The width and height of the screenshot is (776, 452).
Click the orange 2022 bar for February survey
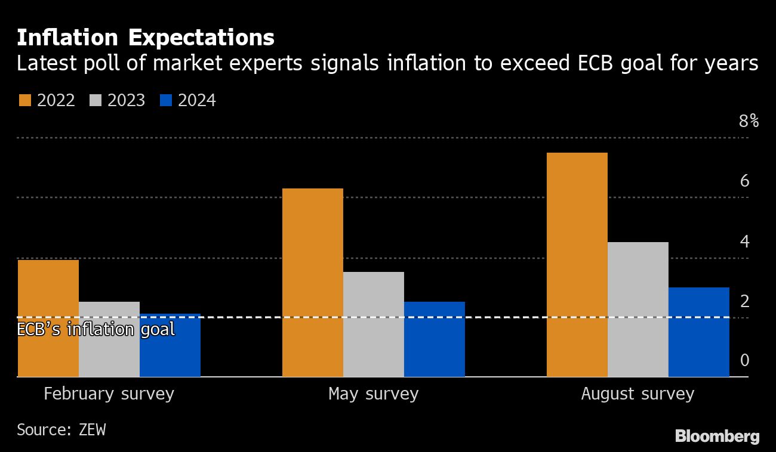pyautogui.click(x=48, y=318)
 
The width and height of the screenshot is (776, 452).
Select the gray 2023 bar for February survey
pyautogui.click(x=109, y=339)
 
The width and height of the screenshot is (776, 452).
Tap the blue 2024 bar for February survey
pyautogui.click(x=170, y=345)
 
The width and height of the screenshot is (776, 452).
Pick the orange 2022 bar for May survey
pyautogui.click(x=313, y=283)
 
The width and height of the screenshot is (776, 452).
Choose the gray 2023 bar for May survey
pyautogui.click(x=374, y=324)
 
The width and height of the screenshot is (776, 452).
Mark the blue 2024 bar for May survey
pyautogui.click(x=435, y=339)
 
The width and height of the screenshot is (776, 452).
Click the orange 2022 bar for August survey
pyautogui.click(x=577, y=265)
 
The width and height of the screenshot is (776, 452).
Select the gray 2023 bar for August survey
pyautogui.click(x=638, y=309)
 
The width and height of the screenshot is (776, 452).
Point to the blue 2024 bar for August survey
pyautogui.click(x=699, y=332)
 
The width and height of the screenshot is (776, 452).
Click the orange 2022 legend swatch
pyautogui.click(x=24, y=100)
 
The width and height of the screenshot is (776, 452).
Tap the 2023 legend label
pyautogui.click(x=127, y=100)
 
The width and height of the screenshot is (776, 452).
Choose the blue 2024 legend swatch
pyautogui.click(x=166, y=100)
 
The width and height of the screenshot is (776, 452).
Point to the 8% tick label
pyautogui.click(x=749, y=121)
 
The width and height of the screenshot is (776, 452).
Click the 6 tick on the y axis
pyautogui.click(x=744, y=181)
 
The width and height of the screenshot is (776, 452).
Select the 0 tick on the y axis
pyautogui.click(x=744, y=360)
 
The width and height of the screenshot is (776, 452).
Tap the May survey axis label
pyautogui.click(x=374, y=394)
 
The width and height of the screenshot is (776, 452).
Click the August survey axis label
pyautogui.click(x=638, y=394)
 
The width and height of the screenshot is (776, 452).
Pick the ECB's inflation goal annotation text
pyautogui.click(x=96, y=329)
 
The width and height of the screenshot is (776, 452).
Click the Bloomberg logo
pyautogui.click(x=717, y=436)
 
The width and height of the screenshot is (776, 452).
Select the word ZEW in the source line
pyautogui.click(x=92, y=429)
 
